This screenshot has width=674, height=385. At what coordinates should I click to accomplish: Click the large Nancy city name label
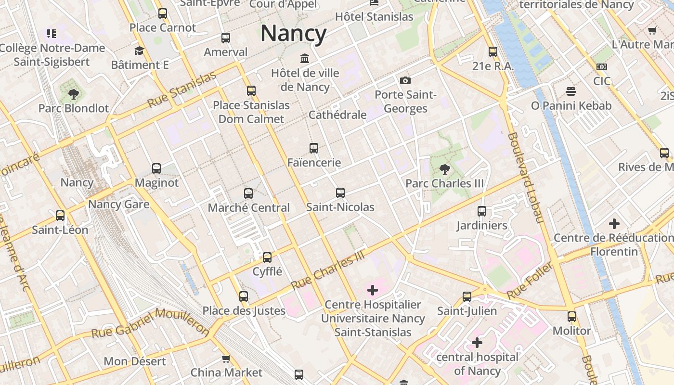tap(293, 34)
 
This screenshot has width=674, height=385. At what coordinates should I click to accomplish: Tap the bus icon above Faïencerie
tap(314, 148)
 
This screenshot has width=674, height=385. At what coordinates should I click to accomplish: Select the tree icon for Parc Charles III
tap(444, 169)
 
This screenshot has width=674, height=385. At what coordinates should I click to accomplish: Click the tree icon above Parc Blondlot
tap(74, 94)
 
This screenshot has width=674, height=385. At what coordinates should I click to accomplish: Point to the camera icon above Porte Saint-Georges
tap(405, 80)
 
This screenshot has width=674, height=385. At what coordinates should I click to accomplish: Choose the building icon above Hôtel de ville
tap(305, 59)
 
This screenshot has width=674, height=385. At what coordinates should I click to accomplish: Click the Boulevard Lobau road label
tap(525, 178)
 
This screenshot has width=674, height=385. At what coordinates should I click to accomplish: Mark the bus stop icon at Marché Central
tap(248, 193)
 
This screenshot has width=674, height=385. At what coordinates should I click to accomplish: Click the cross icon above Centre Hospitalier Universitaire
tap(373, 290)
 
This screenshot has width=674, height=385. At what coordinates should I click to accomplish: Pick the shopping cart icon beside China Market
tap(226, 359)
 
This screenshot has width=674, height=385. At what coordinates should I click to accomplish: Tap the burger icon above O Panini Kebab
tap(571, 91)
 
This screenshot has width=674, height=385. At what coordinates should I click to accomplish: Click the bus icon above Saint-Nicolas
tap(340, 193)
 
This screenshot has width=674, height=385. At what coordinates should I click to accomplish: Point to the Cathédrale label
tap(337, 115)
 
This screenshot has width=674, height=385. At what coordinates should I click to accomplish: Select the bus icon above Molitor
tap(572, 317)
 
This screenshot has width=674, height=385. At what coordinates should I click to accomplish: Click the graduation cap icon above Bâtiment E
tap(140, 51)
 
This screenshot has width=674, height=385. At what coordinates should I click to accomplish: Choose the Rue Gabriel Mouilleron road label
tap(150, 324)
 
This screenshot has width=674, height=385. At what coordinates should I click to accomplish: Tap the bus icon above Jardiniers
tap(482, 211)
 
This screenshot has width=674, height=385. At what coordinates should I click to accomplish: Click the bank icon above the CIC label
tap(602, 67)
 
